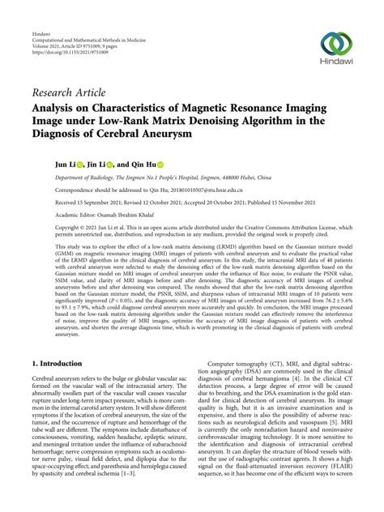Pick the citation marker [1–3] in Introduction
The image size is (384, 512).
160,482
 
